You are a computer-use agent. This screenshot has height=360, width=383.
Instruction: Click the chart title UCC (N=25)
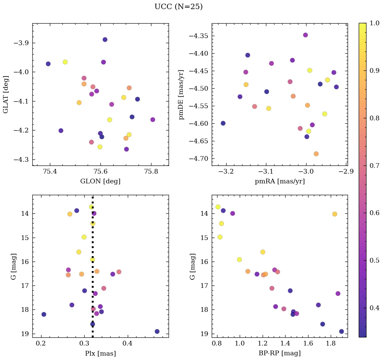point(178,7)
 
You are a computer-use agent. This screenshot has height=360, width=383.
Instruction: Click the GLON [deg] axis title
point(100,181)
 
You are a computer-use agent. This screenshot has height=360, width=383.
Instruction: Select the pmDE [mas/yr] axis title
point(182,94)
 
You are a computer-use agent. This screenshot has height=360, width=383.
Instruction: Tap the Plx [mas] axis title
point(100,353)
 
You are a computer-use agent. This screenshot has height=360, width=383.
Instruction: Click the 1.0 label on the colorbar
point(375,23)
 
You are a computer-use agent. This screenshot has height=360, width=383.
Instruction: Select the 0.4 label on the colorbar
point(375,308)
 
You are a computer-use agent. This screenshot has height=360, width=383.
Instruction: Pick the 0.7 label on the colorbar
point(375,166)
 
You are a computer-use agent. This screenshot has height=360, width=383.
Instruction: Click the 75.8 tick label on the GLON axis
point(151,172)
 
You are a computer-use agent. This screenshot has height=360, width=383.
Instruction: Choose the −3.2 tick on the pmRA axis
point(226,172)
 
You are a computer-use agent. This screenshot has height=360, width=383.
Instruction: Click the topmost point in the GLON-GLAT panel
point(105,39)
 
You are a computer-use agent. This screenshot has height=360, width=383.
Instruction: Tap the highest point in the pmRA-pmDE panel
point(305,35)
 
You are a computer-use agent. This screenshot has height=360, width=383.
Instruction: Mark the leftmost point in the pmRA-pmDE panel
point(223,123)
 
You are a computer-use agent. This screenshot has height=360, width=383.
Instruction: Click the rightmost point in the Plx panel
point(157,331)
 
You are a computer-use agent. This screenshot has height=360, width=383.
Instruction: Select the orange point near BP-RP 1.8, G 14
point(334,214)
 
